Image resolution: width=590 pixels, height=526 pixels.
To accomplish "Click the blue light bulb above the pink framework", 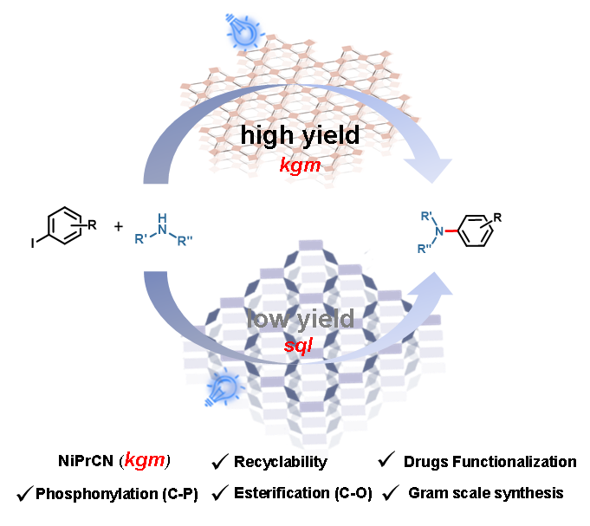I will coord(240,32).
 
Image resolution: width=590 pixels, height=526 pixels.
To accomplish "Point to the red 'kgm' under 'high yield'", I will coord(300,164).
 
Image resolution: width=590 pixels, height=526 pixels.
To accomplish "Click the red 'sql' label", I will coord(297,345).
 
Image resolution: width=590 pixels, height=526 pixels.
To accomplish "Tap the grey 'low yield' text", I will coord(301,319).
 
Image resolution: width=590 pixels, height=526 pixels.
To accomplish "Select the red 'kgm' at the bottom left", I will coord(145,460).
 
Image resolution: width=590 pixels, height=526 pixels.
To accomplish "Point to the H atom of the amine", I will coord(162,218).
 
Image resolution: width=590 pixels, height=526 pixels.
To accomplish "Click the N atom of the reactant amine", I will coord(162,230).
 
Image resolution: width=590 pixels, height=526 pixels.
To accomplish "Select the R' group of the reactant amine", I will coord(140,239).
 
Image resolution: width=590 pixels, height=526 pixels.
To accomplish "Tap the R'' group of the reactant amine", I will coord(185,241).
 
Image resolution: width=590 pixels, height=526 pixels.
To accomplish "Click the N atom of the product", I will coord(439,231).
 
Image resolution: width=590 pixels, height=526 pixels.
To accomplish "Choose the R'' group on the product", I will coord(424,249).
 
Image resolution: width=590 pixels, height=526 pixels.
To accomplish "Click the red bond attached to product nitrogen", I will coord(451,231).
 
